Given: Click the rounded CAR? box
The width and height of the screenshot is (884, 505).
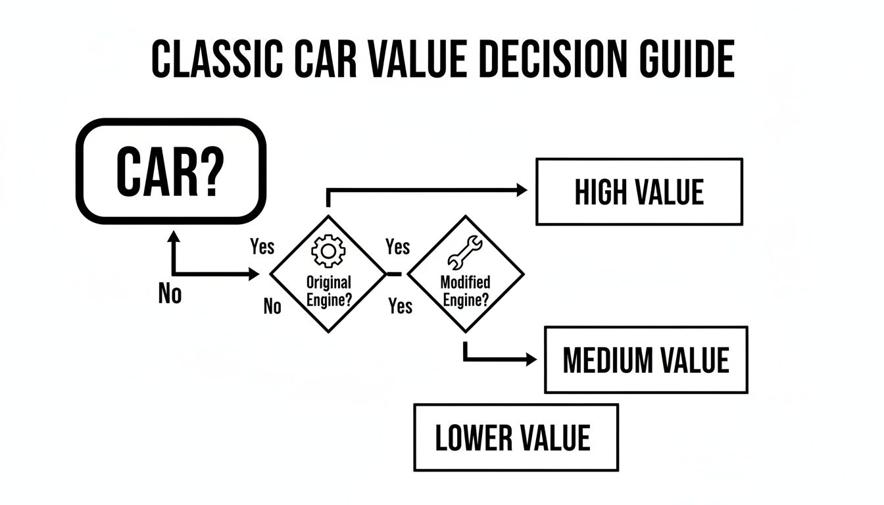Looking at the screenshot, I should [x=171, y=172].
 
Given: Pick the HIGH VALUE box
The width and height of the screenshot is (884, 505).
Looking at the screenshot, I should [x=639, y=192].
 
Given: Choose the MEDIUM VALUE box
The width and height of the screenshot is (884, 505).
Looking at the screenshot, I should [x=646, y=360].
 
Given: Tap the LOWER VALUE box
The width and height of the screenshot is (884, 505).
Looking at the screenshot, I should [x=516, y=437].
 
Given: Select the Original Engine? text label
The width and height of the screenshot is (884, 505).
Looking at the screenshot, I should [x=329, y=290].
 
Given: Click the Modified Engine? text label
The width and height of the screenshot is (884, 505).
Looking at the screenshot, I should [x=465, y=290].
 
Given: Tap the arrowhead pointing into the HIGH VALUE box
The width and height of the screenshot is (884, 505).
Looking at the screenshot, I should [x=521, y=191].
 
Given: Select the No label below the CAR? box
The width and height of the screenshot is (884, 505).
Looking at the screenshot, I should [x=170, y=294].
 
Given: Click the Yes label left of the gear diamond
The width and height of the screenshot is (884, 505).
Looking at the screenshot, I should [x=262, y=247].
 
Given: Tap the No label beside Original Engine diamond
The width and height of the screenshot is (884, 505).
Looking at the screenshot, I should [x=272, y=306].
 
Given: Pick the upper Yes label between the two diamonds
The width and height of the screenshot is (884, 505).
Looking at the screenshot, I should [x=397, y=247].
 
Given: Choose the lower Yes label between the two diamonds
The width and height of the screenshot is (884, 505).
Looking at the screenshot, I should [x=400, y=306].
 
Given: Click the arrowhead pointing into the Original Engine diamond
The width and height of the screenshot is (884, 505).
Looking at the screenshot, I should [x=254, y=274].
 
